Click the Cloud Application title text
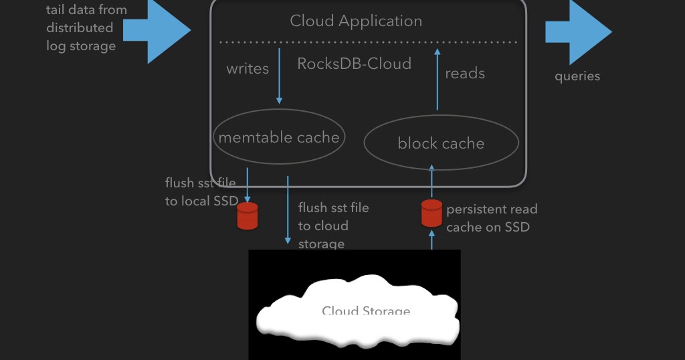click(x=355, y=21)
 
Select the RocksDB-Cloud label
click(x=354, y=64)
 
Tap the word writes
click(x=248, y=69)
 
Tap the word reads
click(x=465, y=74)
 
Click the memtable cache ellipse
click(x=279, y=137)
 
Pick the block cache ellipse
click(x=441, y=143)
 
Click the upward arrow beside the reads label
click(x=437, y=79)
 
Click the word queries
click(x=577, y=76)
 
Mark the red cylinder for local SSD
click(x=248, y=215)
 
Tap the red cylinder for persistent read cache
click(x=431, y=213)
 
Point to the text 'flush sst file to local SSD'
click(x=201, y=192)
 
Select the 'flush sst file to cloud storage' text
click(x=333, y=226)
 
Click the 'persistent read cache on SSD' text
click(x=492, y=218)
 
